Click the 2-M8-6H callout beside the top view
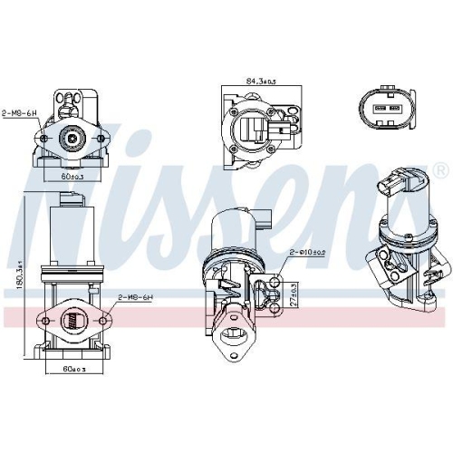click(19, 113)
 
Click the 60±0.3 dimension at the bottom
click(73, 370)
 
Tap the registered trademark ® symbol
click(439, 170)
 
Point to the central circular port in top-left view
click(71, 139)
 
